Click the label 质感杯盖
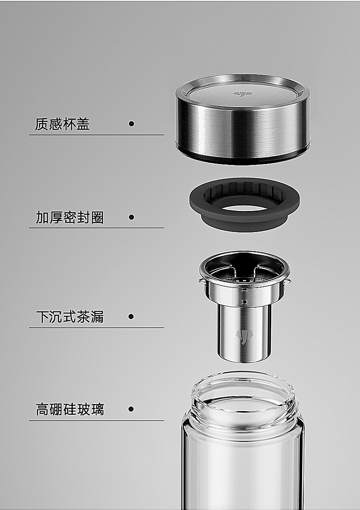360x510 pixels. point(62,124)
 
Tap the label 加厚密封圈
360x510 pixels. point(70,217)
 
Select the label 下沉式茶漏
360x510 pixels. point(70,317)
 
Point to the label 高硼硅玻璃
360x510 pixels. point(70,409)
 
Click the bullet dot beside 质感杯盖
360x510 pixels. point(131,124)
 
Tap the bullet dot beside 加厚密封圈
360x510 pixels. point(131,217)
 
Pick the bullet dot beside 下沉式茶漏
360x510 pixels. point(131,316)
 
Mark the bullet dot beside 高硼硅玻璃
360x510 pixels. point(131,409)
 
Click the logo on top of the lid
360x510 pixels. point(240,94)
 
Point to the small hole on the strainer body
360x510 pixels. point(245,301)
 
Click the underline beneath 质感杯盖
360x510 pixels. point(96,135)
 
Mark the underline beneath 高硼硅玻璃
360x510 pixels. point(96,421)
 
